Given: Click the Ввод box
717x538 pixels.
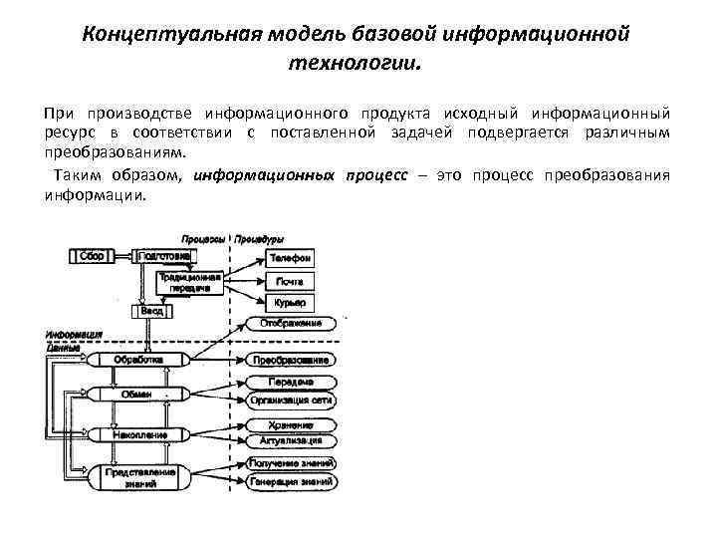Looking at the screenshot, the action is (150, 311).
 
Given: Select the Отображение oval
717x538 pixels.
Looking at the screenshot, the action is (290, 323).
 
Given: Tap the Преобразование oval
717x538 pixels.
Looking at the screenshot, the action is (291, 359).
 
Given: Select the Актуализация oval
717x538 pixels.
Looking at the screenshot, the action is (291, 440).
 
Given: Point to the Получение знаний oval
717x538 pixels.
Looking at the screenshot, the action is (291, 464).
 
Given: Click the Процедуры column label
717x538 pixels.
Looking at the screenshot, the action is (260, 239).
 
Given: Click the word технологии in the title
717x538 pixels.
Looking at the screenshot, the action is (356, 63).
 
